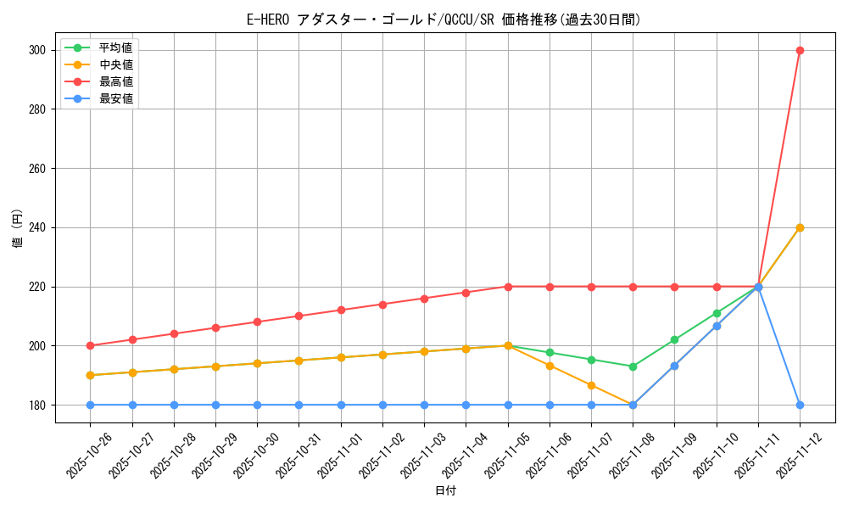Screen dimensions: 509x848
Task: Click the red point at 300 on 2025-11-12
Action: pyautogui.click(x=800, y=50)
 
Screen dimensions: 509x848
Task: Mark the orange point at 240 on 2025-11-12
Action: pyautogui.click(x=800, y=227)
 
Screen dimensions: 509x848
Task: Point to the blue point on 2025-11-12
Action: pyautogui.click(x=800, y=405)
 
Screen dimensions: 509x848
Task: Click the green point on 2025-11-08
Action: pyautogui.click(x=633, y=366)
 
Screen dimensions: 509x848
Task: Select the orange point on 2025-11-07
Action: pyautogui.click(x=591, y=385)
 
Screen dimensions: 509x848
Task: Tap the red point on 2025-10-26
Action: pyautogui.click(x=90, y=345)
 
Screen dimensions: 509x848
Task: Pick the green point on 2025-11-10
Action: pyautogui.click(x=717, y=313)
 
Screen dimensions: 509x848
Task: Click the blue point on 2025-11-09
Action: pyautogui.click(x=674, y=366)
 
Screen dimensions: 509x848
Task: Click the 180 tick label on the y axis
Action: pyautogui.click(x=39, y=405)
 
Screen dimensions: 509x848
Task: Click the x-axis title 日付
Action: pyautogui.click(x=445, y=491)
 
